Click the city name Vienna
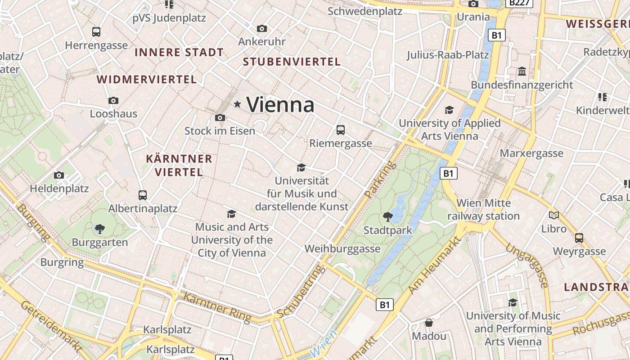pyautogui.click(x=280, y=104)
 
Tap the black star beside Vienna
pyautogui.click(x=237, y=104)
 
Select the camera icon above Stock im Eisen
pyautogui.click(x=220, y=117)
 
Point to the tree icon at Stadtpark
pyautogui.click(x=387, y=217)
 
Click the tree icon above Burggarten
pyautogui.click(x=100, y=229)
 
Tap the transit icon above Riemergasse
pyautogui.click(x=341, y=130)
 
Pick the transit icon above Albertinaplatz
pyautogui.click(x=143, y=195)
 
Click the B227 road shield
pyautogui.click(x=519, y=3)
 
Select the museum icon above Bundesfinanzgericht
pyautogui.click(x=522, y=72)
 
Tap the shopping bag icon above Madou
pyautogui.click(x=429, y=323)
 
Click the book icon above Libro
pyautogui.click(x=554, y=215)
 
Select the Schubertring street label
pyautogui.click(x=301, y=292)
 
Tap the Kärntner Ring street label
pyautogui.click(x=217, y=308)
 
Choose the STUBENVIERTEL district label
pyautogui.click(x=292, y=62)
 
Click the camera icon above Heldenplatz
pyautogui.click(x=59, y=175)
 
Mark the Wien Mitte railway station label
pyautogui.click(x=483, y=210)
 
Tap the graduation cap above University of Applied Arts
pyautogui.click(x=449, y=110)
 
